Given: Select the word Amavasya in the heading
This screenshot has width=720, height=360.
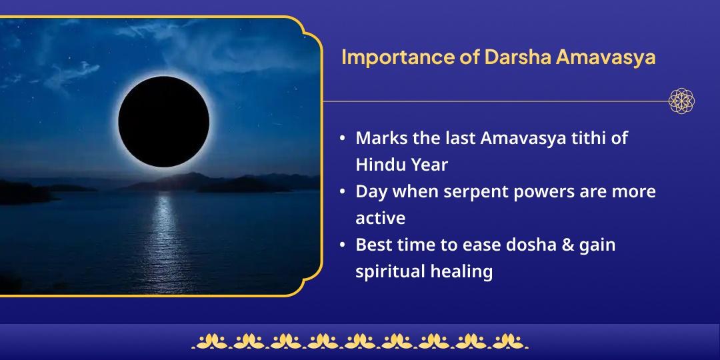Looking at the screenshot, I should click(x=605, y=57).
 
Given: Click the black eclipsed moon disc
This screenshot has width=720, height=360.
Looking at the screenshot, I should click(x=164, y=121).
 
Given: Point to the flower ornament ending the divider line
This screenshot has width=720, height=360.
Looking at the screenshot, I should click(x=682, y=101).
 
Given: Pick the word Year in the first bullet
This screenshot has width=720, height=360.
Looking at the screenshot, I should click(x=429, y=165).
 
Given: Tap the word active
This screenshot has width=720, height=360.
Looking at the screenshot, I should click(x=380, y=218).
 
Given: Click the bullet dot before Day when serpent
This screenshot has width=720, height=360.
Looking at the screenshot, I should click(x=342, y=192).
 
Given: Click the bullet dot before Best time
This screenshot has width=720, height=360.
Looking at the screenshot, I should click(x=342, y=245).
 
